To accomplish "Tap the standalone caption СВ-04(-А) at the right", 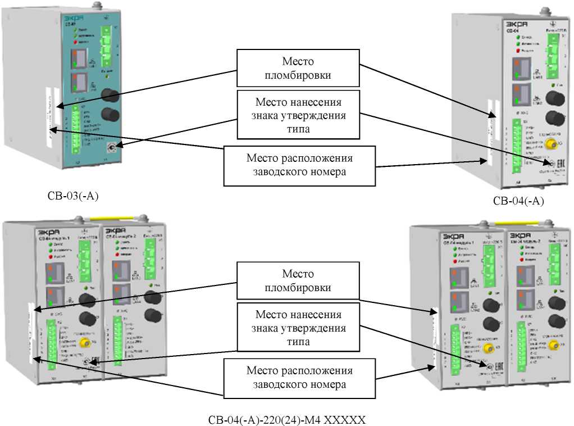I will point(518,201).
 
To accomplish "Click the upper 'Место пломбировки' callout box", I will point(297,68).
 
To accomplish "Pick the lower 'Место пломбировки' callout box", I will point(297,280).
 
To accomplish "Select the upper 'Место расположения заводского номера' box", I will point(299,166).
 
